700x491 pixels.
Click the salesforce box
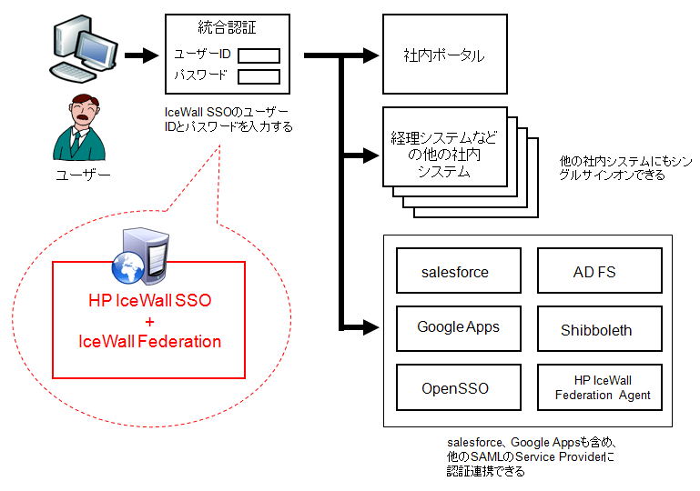click(455, 273)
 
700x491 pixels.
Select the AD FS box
click(596, 273)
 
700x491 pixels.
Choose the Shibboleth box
click(596, 329)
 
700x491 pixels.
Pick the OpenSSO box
click(455, 388)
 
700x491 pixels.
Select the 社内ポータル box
click(443, 55)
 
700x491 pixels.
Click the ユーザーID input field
click(259, 55)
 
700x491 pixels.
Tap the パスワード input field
click(259, 76)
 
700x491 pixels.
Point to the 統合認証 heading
click(227, 28)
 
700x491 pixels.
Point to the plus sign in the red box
click(149, 321)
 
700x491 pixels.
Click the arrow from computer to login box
click(141, 55)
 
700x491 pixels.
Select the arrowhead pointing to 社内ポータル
click(370, 55)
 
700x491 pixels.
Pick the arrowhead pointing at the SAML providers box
click(370, 326)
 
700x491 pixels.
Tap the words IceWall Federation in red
click(149, 342)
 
